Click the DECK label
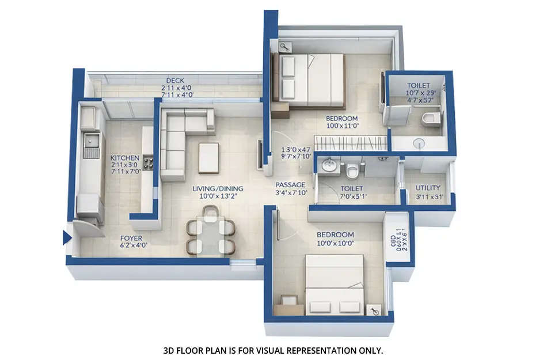[175, 80]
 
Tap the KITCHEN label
[125, 157]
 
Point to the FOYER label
[131, 237]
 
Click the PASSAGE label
[290, 185]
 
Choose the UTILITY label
[428, 188]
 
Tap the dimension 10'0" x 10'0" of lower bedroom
[335, 243]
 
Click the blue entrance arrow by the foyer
[66, 237]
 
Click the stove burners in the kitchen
[147, 163]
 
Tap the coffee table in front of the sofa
[208, 158]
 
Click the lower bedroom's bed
[335, 285]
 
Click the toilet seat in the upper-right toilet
[429, 119]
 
